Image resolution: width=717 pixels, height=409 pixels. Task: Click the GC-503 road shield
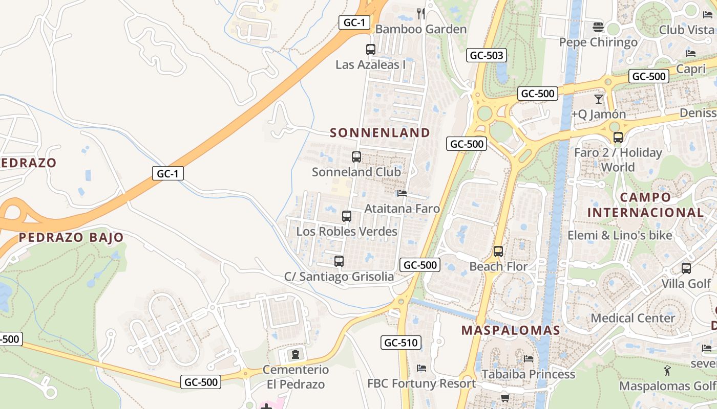(x=486, y=55)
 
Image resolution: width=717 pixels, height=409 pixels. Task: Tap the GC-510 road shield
(x=400, y=343)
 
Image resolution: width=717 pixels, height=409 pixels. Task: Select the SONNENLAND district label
(x=380, y=133)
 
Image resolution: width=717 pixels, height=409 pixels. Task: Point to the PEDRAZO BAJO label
(x=71, y=237)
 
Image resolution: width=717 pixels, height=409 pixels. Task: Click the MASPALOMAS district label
(x=511, y=330)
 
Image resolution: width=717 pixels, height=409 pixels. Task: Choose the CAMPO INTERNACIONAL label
(x=645, y=205)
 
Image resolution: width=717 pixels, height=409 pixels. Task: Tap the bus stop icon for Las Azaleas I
(x=371, y=50)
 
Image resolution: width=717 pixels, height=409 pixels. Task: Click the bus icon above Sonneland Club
(x=356, y=157)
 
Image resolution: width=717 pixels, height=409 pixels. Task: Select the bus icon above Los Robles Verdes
(x=347, y=216)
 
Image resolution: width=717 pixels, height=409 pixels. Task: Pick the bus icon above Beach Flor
(x=498, y=252)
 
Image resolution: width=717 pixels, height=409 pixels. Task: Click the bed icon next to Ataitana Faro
(x=402, y=193)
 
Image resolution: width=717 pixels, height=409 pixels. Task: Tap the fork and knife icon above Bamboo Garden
(x=421, y=14)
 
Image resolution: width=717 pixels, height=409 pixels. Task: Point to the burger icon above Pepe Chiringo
(x=598, y=27)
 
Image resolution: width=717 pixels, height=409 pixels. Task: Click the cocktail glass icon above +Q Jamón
(x=598, y=99)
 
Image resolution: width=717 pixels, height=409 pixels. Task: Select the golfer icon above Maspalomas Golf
(x=667, y=371)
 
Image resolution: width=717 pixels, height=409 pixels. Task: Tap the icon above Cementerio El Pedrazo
(x=295, y=354)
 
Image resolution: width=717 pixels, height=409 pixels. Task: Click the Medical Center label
(x=633, y=318)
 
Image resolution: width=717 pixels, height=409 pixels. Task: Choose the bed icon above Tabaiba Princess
(x=529, y=359)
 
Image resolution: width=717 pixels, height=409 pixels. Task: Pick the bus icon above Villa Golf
(x=686, y=268)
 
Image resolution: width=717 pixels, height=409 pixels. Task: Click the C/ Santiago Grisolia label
(x=339, y=277)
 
